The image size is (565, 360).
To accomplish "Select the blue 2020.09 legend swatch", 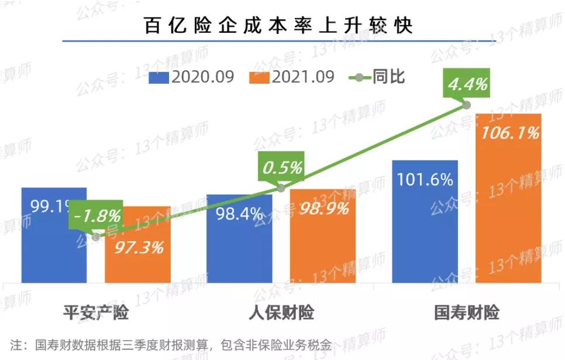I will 159,77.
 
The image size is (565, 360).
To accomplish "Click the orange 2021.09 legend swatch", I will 259,77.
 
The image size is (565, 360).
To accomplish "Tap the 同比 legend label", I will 389,77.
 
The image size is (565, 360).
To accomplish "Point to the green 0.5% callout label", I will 282,168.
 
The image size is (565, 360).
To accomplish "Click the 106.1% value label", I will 509,134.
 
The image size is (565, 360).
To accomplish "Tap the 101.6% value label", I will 425,179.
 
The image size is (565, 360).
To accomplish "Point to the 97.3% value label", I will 138,247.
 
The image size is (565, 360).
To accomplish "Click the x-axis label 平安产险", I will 96,313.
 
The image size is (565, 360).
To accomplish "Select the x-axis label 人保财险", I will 281,313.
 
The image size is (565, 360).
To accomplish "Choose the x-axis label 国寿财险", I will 467,313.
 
